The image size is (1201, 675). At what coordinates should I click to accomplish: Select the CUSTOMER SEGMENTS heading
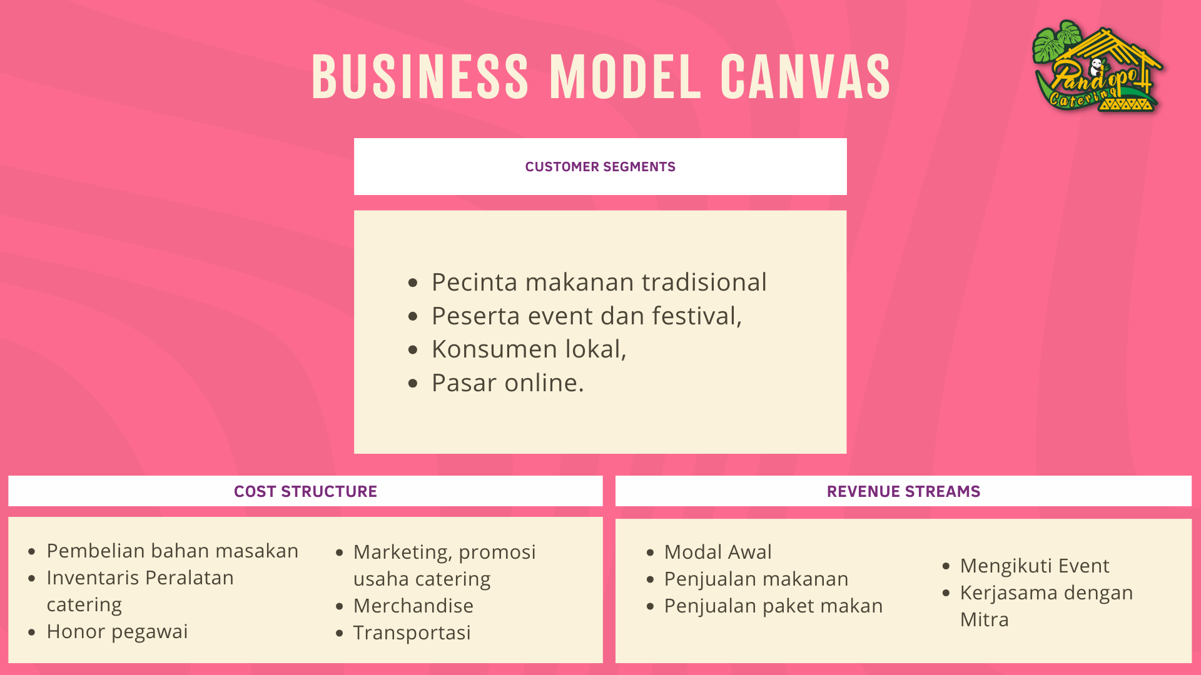tap(600, 167)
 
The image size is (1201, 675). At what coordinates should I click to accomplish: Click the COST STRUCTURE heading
tap(305, 492)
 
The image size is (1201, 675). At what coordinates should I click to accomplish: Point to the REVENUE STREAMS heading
tap(903, 492)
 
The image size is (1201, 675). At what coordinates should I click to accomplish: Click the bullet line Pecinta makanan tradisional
tap(599, 282)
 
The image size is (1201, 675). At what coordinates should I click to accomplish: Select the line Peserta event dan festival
tap(587, 316)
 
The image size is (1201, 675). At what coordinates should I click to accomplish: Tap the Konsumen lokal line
tap(529, 349)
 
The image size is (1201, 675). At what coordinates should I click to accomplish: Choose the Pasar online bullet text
tap(508, 383)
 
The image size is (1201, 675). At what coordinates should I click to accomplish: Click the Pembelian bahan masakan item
tap(173, 551)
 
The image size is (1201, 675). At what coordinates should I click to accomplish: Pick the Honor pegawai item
tap(118, 632)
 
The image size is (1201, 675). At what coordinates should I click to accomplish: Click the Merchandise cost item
tap(413, 606)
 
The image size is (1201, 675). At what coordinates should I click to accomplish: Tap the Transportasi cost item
tap(412, 632)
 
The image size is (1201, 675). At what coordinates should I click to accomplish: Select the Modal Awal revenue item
tap(718, 552)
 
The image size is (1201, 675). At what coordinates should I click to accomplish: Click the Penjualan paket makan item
tap(774, 606)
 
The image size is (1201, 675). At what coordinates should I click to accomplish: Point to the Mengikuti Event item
tap(1035, 566)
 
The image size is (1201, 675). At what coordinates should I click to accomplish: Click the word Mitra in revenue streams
tap(985, 619)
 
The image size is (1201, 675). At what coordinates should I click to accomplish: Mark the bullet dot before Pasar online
tap(413, 383)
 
